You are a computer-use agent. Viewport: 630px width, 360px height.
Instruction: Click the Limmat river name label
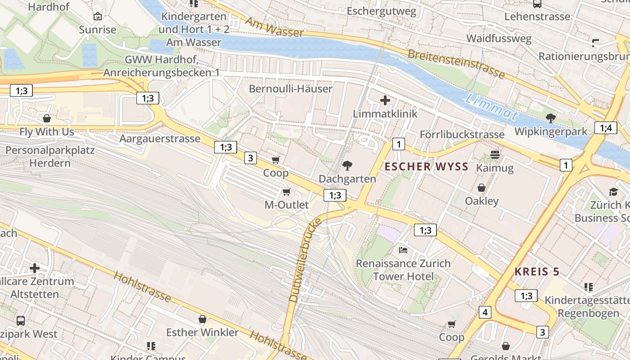click(x=491, y=107)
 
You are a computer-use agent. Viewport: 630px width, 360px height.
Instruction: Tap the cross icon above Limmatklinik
click(x=385, y=100)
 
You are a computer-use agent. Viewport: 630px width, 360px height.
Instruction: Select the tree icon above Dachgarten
click(x=347, y=166)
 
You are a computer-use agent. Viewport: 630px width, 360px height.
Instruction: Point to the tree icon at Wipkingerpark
click(x=550, y=118)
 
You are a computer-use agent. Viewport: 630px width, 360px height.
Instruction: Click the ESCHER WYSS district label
click(x=426, y=167)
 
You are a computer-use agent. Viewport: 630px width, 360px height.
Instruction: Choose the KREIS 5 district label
click(x=537, y=272)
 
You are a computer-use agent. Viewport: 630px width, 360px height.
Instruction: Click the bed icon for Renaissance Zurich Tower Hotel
click(x=403, y=250)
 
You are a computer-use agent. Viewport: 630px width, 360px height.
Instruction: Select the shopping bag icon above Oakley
click(x=481, y=188)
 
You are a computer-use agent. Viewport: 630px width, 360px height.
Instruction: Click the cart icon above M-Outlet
click(x=286, y=192)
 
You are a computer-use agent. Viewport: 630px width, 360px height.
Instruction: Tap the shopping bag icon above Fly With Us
click(x=47, y=119)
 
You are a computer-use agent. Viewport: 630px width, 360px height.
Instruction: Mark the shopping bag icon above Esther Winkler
click(x=202, y=319)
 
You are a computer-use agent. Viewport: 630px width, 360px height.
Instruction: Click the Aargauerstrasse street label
click(x=160, y=139)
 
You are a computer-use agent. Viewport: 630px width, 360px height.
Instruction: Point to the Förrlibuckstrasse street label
click(x=462, y=135)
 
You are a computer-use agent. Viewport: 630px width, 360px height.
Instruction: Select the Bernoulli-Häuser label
click(x=291, y=89)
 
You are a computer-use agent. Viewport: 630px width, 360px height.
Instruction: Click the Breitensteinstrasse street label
click(x=456, y=64)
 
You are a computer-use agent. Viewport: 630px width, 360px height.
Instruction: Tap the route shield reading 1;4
click(x=605, y=128)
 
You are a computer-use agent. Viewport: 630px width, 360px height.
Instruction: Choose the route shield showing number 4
click(x=485, y=312)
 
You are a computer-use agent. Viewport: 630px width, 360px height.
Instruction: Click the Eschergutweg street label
click(x=382, y=11)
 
